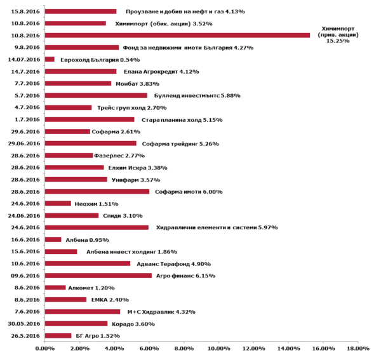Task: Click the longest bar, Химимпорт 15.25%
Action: click(177, 36)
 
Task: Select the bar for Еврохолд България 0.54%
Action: click(50, 60)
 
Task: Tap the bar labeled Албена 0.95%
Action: click(53, 240)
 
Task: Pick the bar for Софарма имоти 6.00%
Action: click(97, 192)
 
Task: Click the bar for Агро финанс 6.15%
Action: click(98, 276)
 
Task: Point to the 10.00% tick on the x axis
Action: click(218, 349)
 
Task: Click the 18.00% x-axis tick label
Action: click(358, 349)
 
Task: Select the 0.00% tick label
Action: click(44, 349)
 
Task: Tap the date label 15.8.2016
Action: click(25, 11)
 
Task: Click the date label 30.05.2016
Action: click(24, 324)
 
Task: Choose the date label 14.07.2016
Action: click(24, 60)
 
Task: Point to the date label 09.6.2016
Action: click(25, 276)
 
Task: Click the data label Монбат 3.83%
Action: click(138, 84)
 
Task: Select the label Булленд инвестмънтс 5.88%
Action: click(197, 96)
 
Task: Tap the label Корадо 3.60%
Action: click(133, 324)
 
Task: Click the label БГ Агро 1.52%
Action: click(98, 336)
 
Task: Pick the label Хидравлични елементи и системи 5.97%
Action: click(217, 227)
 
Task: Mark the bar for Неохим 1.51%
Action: click(58, 204)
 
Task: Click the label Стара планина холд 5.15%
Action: click(182, 120)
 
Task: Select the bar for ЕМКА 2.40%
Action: click(65, 300)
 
